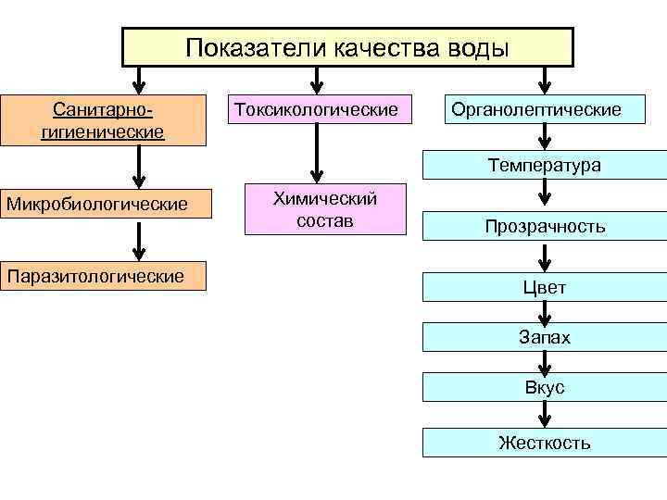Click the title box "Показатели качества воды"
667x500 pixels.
347,47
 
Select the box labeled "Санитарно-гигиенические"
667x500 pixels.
103,120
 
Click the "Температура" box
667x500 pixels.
545,166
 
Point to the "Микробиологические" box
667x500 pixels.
103,203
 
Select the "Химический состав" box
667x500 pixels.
325,209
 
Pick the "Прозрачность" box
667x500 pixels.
545,226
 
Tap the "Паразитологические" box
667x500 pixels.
103,275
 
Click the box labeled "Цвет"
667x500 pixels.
545,287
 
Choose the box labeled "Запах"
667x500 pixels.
545,338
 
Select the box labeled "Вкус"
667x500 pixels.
545,388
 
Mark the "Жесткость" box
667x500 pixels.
545,442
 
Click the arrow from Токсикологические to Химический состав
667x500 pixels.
317,153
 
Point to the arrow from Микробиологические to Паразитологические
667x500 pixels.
138,241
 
